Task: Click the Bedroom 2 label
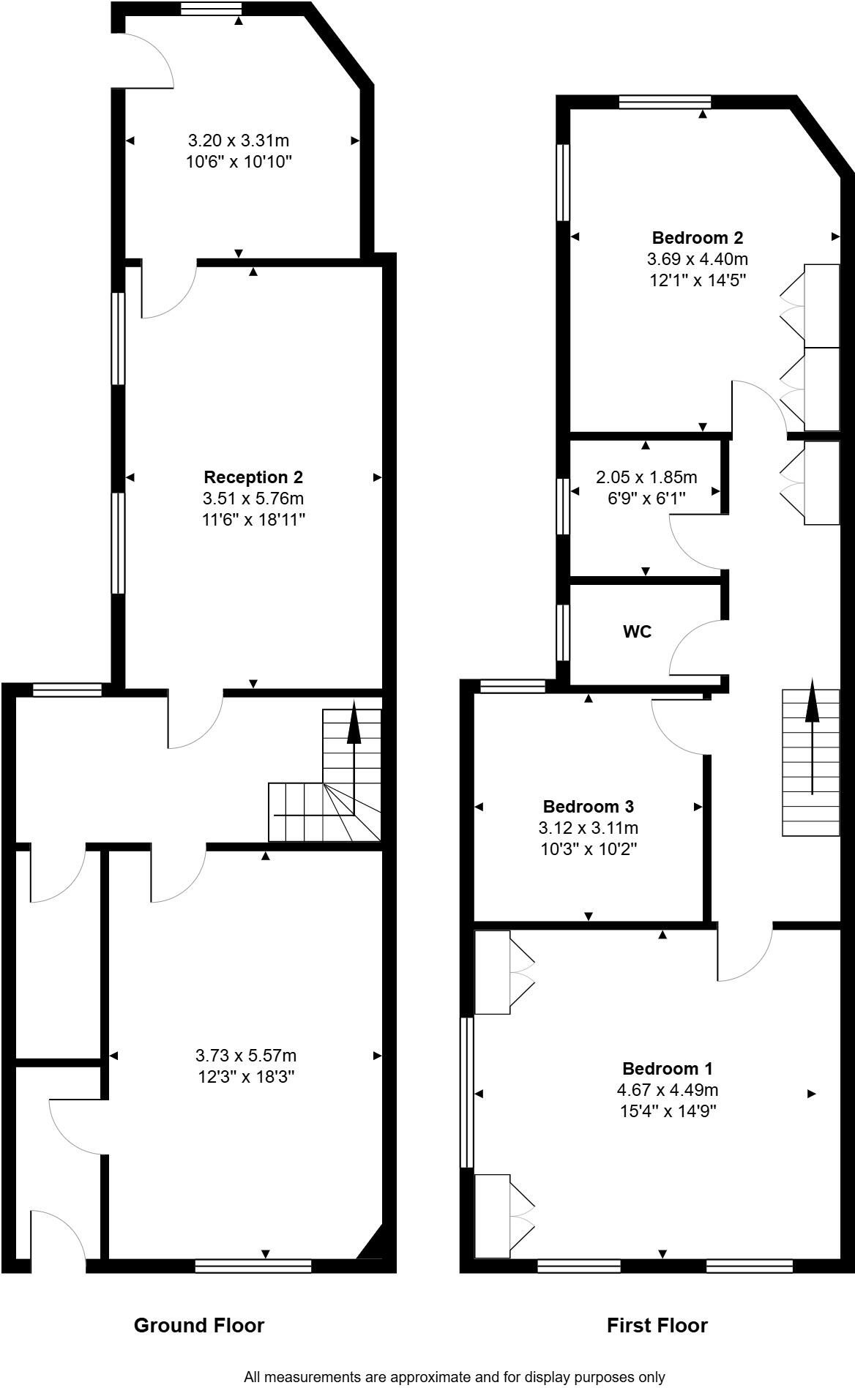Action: pos(697,238)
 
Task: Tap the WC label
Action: pos(637,632)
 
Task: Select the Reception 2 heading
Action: pos(253,477)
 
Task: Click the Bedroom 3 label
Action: pos(588,807)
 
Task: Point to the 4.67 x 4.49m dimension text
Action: pos(667,1089)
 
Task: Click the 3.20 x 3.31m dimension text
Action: pos(239,140)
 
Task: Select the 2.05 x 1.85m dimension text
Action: pos(646,477)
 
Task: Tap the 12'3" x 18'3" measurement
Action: pos(245,1077)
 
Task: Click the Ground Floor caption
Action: pos(198,1325)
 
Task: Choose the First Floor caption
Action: pos(657,1325)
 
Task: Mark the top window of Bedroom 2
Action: pos(665,102)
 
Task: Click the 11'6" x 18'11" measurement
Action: pos(253,520)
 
